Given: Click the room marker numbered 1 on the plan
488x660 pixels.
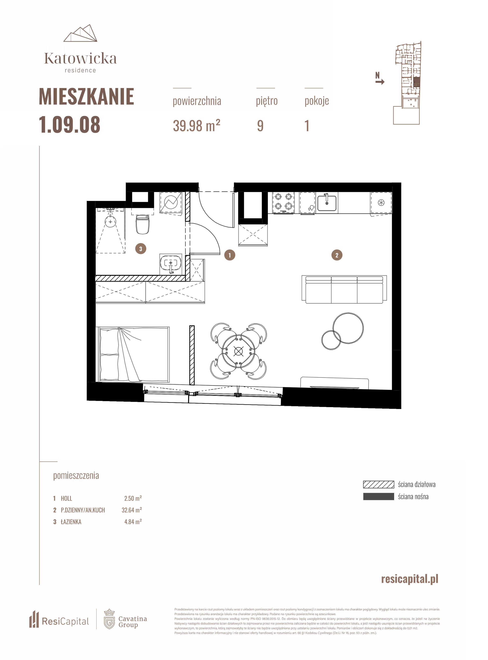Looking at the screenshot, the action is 230,255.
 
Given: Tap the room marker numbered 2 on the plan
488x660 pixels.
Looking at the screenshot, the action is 337,255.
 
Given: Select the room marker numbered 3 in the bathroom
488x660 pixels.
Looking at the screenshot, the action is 141,249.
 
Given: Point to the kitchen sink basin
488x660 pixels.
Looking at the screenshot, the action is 327,203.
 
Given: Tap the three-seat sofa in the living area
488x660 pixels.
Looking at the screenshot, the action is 344,290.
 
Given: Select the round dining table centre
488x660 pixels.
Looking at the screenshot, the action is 238,351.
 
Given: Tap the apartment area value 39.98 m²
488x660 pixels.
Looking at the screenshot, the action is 196,126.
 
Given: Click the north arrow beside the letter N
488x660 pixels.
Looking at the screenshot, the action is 380,82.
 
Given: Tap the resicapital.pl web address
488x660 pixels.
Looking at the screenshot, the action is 410,579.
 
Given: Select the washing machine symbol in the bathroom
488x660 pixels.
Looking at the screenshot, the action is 171,202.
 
